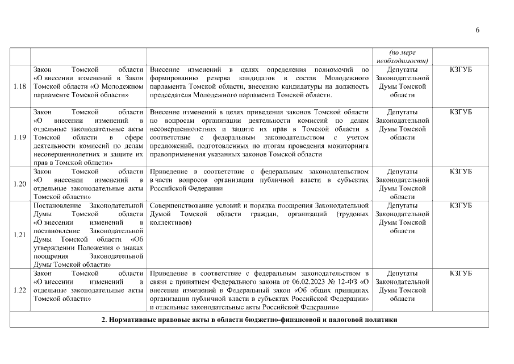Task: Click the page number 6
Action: pos(477,30)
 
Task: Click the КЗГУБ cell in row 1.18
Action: pos(460,69)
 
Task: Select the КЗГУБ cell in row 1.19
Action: pos(460,111)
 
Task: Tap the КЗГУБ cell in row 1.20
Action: pos(460,171)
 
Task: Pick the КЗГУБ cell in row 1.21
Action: pos(460,205)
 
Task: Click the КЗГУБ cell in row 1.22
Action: pos(460,274)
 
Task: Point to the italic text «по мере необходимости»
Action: pos(402,56)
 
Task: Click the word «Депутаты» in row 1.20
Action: pos(402,171)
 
